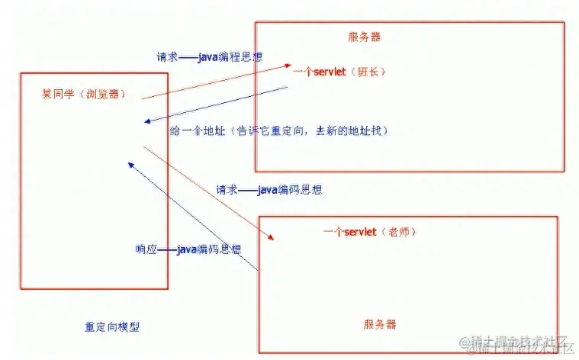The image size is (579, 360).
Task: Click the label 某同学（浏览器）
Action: click(x=83, y=95)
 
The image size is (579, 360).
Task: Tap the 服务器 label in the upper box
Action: click(x=364, y=37)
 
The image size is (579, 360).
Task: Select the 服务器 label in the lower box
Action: click(x=380, y=323)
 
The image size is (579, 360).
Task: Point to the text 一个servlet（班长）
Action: click(x=340, y=72)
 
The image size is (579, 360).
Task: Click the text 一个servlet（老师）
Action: click(x=370, y=231)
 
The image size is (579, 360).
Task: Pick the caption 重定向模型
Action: click(x=112, y=327)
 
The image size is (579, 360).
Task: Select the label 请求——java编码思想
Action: click(x=269, y=189)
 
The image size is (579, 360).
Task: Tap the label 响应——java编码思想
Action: click(x=188, y=249)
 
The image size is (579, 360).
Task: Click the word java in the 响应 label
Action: click(x=186, y=249)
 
